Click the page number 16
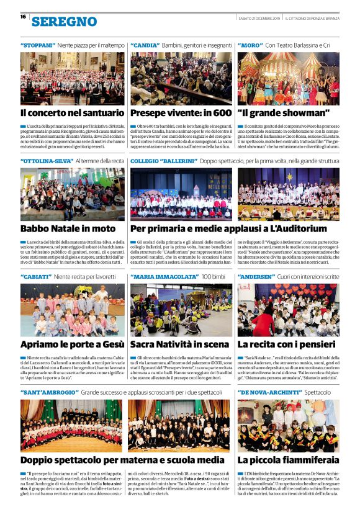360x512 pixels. point(22,17)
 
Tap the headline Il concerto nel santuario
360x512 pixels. point(72,113)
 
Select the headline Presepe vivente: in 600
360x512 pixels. point(181,113)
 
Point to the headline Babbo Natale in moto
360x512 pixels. point(68,228)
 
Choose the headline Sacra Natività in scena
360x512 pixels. point(179,344)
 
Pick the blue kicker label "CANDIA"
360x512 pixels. point(144,45)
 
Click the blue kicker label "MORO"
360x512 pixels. point(250,45)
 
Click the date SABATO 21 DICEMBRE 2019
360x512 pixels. point(259,17)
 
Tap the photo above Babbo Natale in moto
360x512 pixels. point(72,194)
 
